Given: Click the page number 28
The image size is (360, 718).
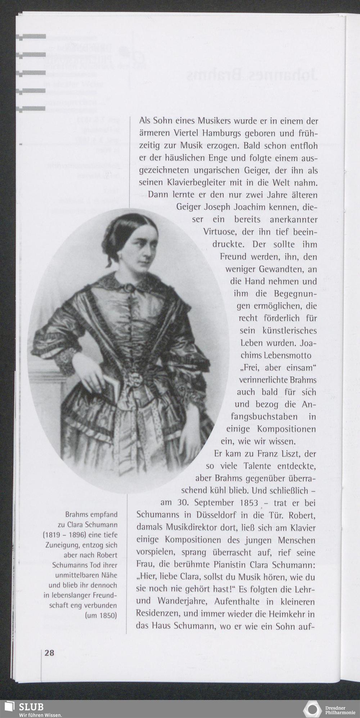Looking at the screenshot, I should coord(49,652).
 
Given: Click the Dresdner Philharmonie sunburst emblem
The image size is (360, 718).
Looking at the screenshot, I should coord(312,709).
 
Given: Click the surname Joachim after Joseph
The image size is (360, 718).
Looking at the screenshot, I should coord(251,207).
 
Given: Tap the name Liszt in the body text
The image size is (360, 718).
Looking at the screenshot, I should coord(284,453).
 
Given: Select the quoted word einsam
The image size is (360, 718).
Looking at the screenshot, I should coord(300,367).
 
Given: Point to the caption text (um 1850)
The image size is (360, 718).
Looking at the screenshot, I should coord(100,615).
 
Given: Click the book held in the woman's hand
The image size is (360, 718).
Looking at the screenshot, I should coord(113,387).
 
